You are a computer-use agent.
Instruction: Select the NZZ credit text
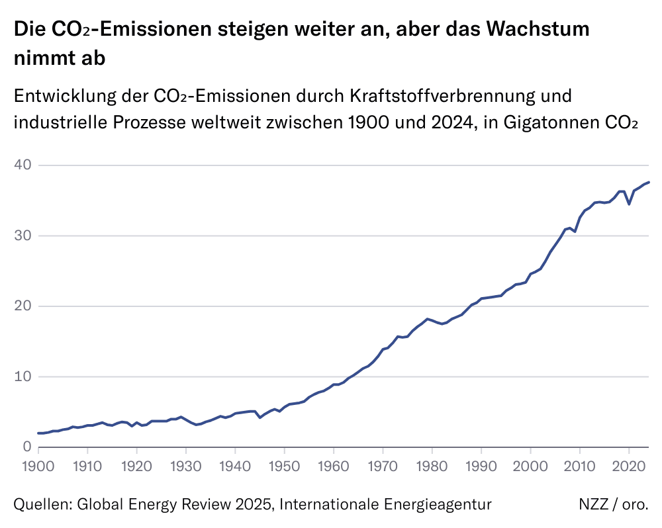tap(593, 505)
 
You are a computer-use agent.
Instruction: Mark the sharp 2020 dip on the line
tap(629, 204)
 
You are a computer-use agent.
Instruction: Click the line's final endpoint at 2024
tap(649, 182)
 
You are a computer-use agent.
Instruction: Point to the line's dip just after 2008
tap(575, 231)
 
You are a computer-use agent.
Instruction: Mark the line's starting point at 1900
tap(38, 433)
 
